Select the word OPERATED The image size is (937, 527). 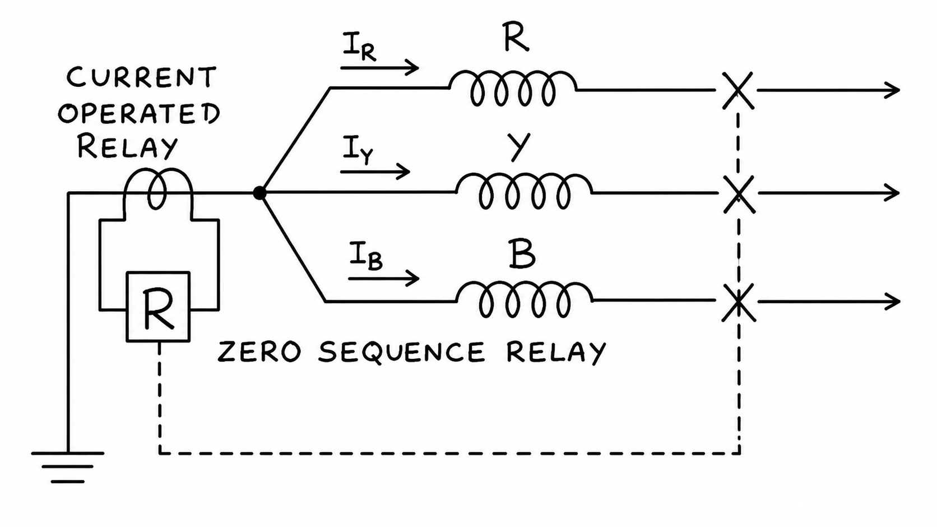point(139,113)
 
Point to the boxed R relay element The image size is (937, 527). point(158,307)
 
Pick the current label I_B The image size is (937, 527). point(366,256)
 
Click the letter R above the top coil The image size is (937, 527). point(516,39)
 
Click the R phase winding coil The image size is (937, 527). point(513,89)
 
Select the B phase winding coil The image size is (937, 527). point(525,300)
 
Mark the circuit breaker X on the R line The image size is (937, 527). point(738,90)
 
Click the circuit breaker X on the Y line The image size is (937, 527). point(739,194)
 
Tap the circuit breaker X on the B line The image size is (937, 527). point(739,302)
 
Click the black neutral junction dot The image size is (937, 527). point(259,193)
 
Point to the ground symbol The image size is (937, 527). point(68,467)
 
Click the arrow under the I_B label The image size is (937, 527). point(383,279)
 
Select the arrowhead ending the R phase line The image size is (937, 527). point(892,90)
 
